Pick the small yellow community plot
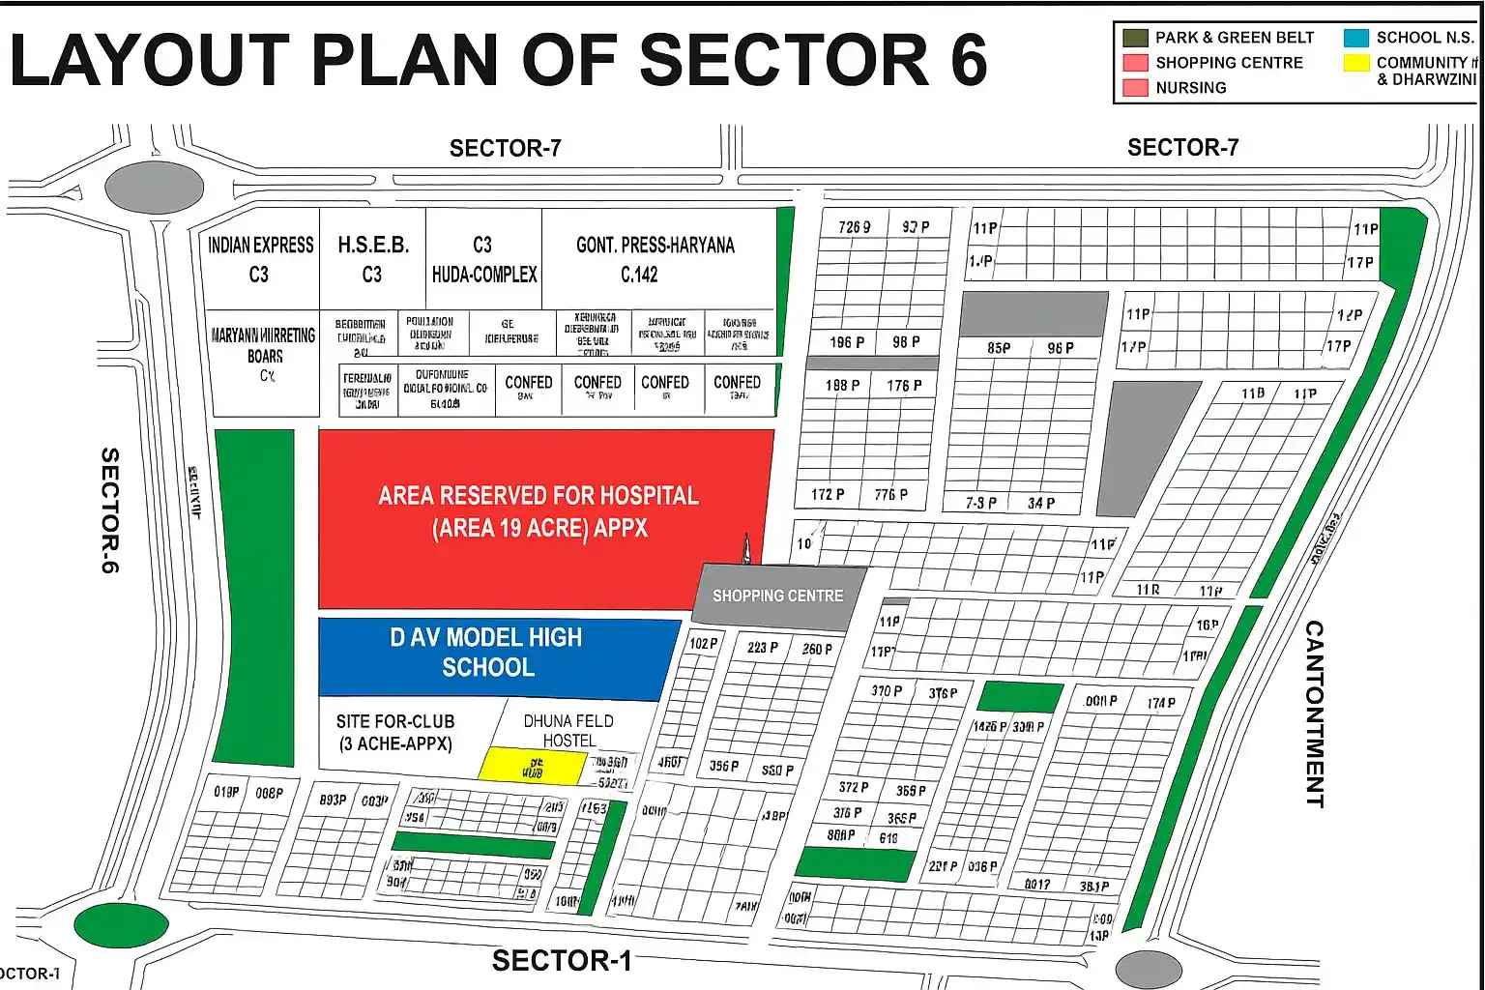[533, 766]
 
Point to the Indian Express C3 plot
[260, 258]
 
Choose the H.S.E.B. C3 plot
[372, 258]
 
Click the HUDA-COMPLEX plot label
[483, 275]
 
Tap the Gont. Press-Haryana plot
[655, 258]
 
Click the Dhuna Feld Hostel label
[568, 730]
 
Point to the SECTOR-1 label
[561, 960]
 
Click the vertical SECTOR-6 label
[110, 510]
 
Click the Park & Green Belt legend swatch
[1134, 38]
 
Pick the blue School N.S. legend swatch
[1355, 38]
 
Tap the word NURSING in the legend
[1190, 88]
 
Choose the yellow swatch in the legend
[1355, 63]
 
